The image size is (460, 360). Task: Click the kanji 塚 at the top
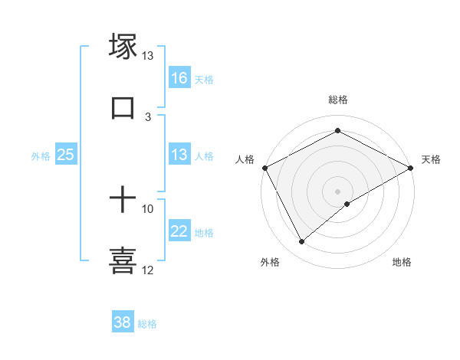[123, 47]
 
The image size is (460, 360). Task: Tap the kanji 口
[123, 108]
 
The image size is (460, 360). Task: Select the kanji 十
[123, 201]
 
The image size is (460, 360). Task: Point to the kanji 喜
[123, 260]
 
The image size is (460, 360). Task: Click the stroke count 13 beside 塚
[148, 56]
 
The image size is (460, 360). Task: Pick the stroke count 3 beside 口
[148, 116]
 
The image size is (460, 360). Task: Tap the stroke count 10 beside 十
[148, 208]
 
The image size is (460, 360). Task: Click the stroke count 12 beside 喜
[148, 270]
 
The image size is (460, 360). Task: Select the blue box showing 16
[179, 78]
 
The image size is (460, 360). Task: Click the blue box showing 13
[179, 155]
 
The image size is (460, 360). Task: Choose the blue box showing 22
[179, 232]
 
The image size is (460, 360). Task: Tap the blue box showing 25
[66, 155]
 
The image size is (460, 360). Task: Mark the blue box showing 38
[123, 322]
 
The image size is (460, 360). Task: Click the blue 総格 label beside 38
[147, 324]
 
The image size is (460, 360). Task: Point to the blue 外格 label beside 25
[40, 155]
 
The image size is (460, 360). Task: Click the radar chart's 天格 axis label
[431, 159]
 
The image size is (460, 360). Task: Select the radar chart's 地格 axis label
[402, 263]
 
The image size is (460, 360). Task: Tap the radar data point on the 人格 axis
[265, 167]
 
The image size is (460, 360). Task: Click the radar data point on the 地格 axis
[347, 204]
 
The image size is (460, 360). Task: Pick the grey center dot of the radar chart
[337, 190]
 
